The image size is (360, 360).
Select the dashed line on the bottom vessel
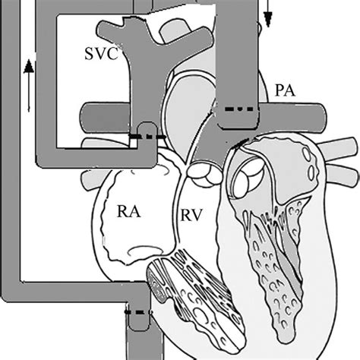(x=138, y=311)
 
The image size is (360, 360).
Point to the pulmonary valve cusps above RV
(x=201, y=175)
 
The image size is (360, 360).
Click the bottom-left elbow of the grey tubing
(x=11, y=292)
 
